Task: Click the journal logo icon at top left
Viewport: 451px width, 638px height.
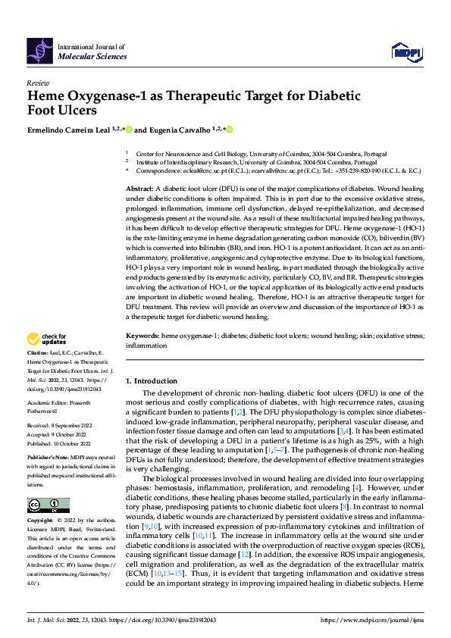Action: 41,47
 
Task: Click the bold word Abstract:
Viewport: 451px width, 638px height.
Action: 139,187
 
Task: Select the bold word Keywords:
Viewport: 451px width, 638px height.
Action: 143,334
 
